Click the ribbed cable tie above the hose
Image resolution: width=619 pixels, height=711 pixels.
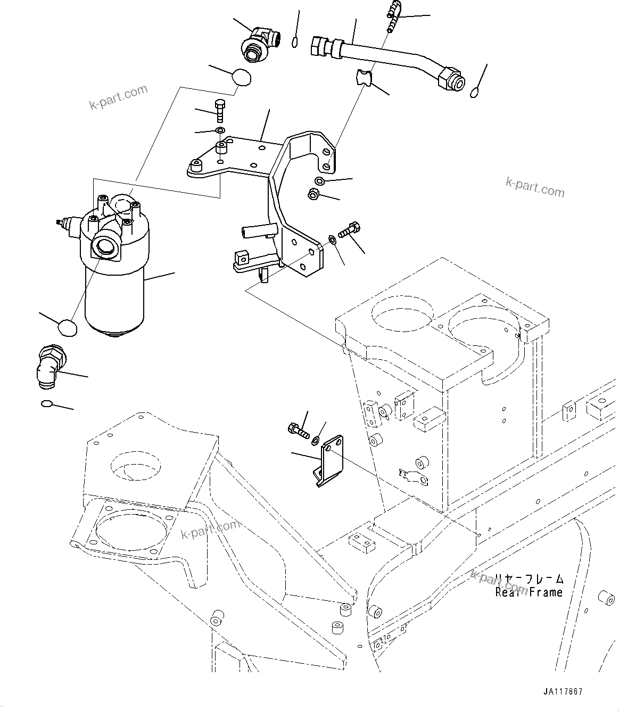pos(393,16)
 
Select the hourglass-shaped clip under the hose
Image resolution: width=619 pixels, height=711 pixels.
pos(364,78)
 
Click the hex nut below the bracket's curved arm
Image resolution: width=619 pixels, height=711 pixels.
pos(313,195)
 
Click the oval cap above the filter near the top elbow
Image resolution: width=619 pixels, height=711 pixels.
pos(242,77)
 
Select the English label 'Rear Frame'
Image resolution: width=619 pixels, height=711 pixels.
pos(529,592)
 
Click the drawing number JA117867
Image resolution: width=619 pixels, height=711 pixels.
pos(563,692)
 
